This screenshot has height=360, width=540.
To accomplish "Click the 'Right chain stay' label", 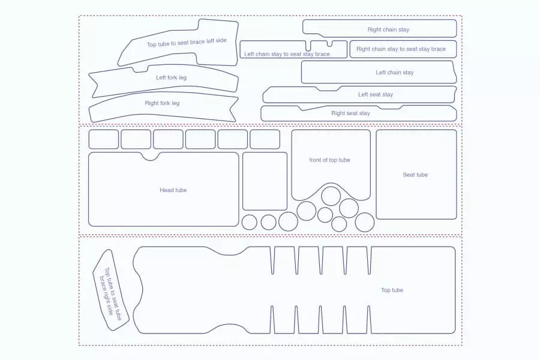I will [x=388, y=29].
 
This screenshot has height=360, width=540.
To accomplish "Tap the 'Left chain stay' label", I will [x=394, y=73].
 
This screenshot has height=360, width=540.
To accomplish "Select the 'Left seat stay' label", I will [x=376, y=94].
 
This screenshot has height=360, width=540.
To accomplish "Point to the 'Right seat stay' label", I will [x=350, y=113].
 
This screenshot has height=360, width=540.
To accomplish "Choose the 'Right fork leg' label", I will [x=162, y=103].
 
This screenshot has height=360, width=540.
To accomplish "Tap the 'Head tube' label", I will [x=173, y=190].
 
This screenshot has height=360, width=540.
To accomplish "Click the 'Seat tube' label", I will [x=415, y=175].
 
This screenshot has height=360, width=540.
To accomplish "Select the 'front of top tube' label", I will [x=329, y=160].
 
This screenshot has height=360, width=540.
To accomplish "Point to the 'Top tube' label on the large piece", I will [x=392, y=290].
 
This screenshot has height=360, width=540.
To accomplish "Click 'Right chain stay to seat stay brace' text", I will [x=401, y=49].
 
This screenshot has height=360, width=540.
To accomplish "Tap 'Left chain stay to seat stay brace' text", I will [x=287, y=54].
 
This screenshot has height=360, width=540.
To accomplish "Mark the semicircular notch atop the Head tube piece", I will [x=151, y=156].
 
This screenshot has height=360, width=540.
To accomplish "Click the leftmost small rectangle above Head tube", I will [x=104, y=139].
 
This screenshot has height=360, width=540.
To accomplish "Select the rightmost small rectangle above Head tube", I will [x=265, y=139].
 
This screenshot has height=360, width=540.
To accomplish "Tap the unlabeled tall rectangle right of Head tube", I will [x=265, y=181].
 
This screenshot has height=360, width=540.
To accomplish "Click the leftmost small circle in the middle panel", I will [x=249, y=223].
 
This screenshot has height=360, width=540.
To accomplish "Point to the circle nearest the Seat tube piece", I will [x=365, y=222].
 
